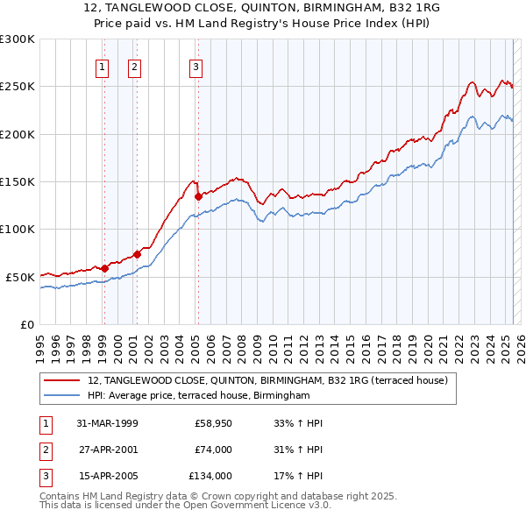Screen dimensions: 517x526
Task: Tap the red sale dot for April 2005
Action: pos(198,196)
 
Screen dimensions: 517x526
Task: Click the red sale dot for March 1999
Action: pos(104,268)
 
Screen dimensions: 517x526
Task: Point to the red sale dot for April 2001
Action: pos(137,254)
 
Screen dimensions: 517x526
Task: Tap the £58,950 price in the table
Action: pos(212,423)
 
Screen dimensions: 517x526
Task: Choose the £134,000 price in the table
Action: pos(210,476)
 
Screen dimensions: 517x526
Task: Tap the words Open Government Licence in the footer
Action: pos(264,505)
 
